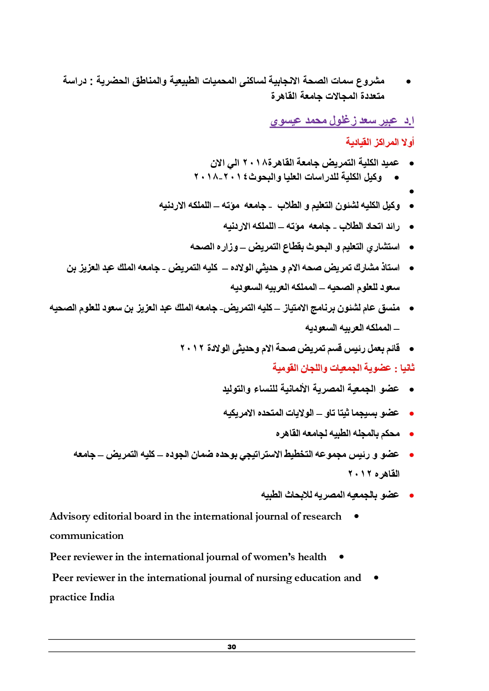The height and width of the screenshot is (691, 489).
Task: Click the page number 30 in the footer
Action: (x=232, y=646)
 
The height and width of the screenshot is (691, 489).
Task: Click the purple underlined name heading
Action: (x=342, y=121)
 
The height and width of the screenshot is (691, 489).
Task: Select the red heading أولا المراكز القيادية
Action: (x=380, y=142)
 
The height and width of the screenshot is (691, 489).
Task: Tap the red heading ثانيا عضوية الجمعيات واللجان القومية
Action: (x=343, y=368)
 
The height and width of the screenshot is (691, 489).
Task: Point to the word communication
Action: (x=86, y=536)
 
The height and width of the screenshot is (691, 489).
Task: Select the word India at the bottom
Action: (x=102, y=597)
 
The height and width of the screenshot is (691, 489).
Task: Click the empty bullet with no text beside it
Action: (x=411, y=191)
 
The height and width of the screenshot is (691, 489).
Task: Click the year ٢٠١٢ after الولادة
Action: (x=193, y=348)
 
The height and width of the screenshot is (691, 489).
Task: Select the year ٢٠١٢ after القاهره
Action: (x=360, y=474)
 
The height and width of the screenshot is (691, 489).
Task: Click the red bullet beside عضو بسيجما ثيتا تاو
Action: (x=411, y=414)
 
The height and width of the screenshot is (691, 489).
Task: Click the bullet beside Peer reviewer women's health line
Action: (x=341, y=557)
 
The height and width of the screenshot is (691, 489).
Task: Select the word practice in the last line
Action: (x=68, y=597)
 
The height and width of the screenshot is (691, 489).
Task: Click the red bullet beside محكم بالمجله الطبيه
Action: (x=411, y=434)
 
